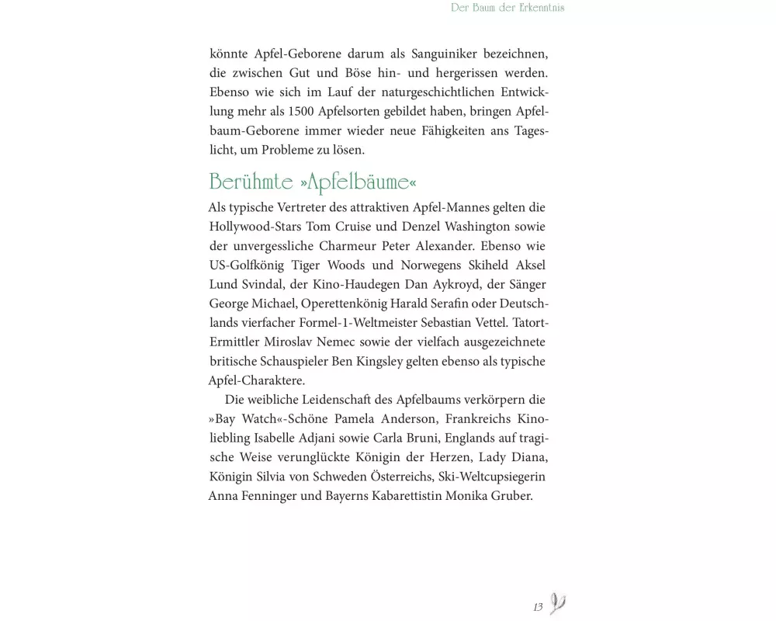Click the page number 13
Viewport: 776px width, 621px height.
[538, 606]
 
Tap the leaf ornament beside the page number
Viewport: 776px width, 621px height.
[557, 603]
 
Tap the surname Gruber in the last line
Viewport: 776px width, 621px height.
[514, 495]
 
